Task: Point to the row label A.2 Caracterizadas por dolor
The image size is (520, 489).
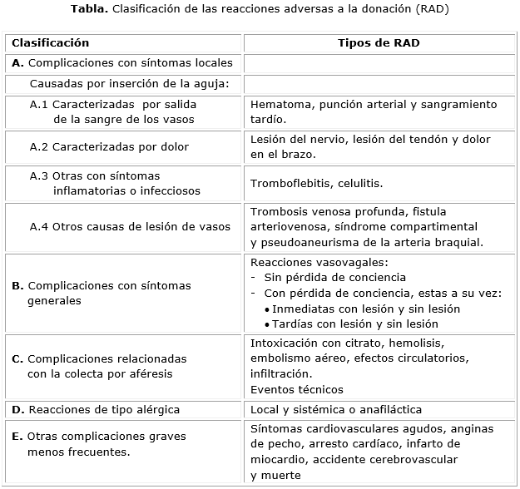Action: (x=109, y=147)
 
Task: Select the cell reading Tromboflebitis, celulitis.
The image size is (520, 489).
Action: (x=317, y=183)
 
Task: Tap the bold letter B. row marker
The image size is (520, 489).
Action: (x=17, y=285)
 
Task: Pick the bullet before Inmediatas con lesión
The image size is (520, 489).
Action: (x=266, y=309)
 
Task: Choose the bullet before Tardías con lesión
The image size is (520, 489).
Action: (x=266, y=324)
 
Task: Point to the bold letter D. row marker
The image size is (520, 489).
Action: (x=17, y=409)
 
